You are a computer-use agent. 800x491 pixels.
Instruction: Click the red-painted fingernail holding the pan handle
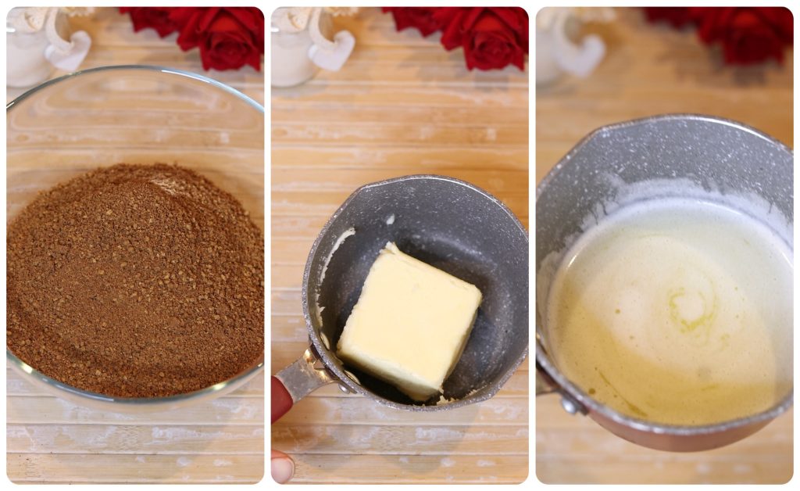280,398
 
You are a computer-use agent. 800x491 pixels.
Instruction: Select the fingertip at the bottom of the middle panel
281,467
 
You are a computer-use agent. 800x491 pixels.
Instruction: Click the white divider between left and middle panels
267,245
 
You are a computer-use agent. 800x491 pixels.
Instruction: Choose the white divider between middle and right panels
531,245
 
